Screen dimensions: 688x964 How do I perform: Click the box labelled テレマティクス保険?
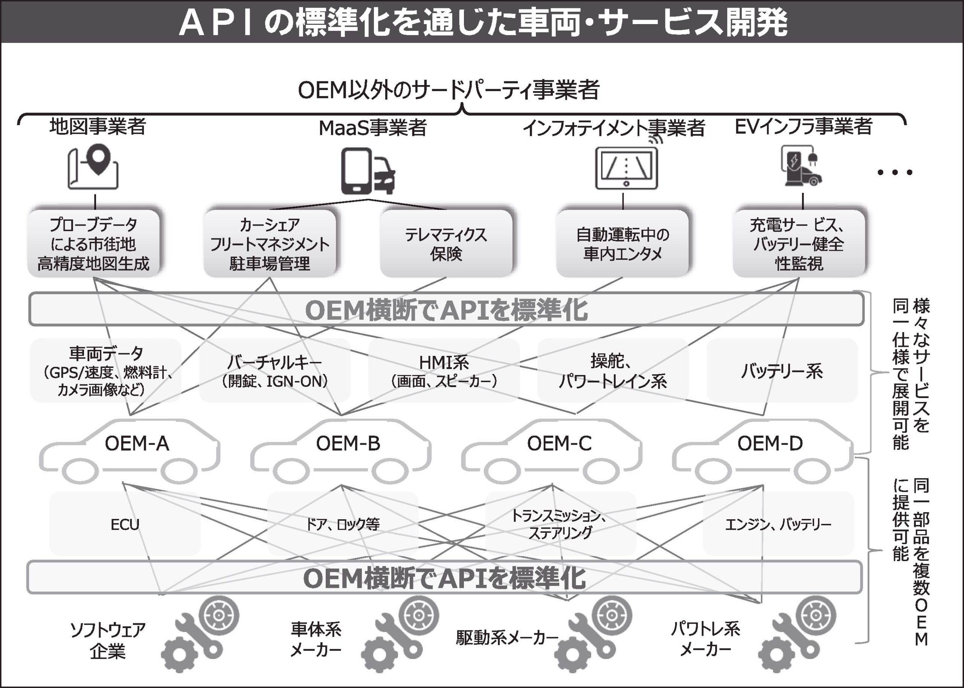click(445, 244)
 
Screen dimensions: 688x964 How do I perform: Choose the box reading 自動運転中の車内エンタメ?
click(622, 244)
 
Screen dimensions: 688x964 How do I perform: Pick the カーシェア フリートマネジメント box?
click(270, 244)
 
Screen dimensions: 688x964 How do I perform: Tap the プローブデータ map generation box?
click(94, 244)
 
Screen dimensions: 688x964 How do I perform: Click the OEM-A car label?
click(137, 444)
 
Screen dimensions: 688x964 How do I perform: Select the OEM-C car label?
click(559, 444)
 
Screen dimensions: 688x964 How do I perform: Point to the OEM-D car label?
click(770, 444)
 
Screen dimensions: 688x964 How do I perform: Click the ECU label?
click(125, 525)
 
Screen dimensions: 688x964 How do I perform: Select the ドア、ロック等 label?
click(343, 525)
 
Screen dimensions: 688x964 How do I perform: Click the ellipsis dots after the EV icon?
click(895, 172)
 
